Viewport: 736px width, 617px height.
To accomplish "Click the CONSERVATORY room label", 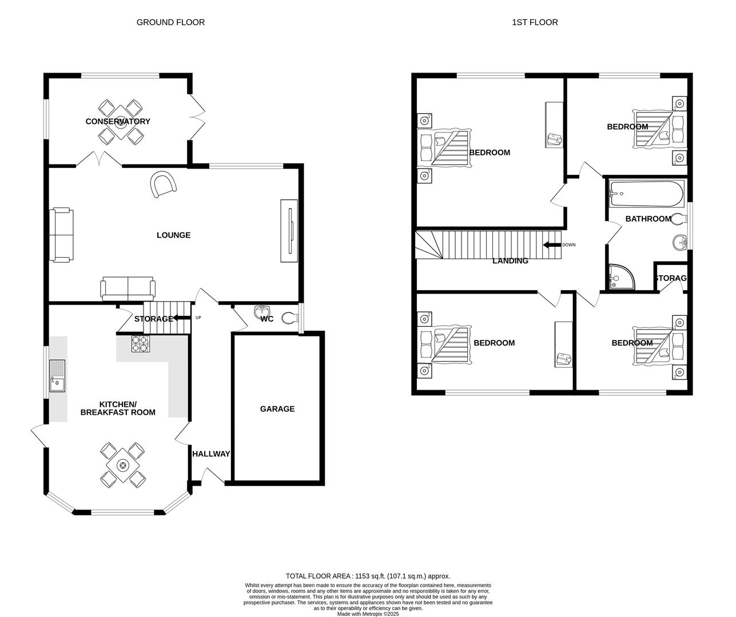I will click(x=118, y=121).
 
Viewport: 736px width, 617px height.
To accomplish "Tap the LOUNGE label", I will click(x=173, y=235).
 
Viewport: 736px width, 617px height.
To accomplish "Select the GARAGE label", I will click(x=277, y=408).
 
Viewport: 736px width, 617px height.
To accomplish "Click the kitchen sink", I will click(x=57, y=375).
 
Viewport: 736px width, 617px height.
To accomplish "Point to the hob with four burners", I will click(x=140, y=343).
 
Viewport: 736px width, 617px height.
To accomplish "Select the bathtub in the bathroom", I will click(x=646, y=194).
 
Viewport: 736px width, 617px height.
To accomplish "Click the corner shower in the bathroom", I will click(x=619, y=277).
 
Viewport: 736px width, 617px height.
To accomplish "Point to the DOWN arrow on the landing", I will click(x=551, y=245).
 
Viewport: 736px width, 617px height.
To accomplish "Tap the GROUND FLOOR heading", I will click(x=170, y=22).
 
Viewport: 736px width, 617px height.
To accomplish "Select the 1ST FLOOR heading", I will click(x=535, y=22).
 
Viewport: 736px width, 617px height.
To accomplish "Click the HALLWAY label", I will click(x=211, y=454).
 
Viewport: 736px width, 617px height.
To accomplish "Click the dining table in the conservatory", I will click(x=121, y=122).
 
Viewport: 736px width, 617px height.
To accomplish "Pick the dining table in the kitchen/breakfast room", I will click(x=122, y=466).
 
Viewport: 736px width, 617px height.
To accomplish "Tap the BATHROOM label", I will click(x=648, y=218).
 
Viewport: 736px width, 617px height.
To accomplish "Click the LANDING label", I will click(x=510, y=261).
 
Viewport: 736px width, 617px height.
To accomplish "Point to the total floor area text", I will click(x=368, y=576).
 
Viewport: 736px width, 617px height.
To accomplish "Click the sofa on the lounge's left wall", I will click(x=61, y=235).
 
